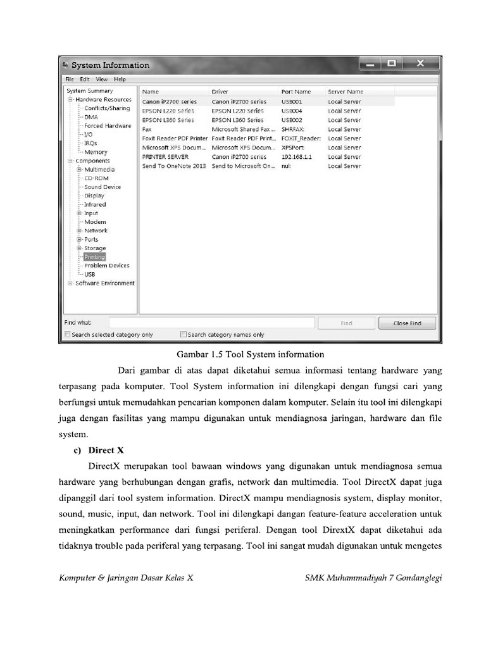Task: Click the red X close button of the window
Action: (x=420, y=64)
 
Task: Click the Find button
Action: (x=346, y=323)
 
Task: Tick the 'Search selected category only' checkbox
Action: (x=68, y=335)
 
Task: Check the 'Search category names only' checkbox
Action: (x=184, y=335)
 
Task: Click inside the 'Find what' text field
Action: (x=211, y=323)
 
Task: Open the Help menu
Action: (x=120, y=79)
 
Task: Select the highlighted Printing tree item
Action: (x=95, y=257)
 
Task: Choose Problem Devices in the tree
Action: (x=106, y=266)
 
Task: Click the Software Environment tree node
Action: (x=104, y=283)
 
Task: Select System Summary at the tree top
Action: (x=89, y=91)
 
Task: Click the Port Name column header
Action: (x=296, y=92)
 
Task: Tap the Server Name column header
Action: (x=346, y=92)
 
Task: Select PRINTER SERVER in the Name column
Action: (x=166, y=157)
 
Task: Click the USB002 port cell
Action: (x=292, y=120)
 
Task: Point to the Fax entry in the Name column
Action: (x=147, y=129)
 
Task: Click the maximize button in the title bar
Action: (x=392, y=64)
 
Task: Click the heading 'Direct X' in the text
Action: (x=106, y=451)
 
